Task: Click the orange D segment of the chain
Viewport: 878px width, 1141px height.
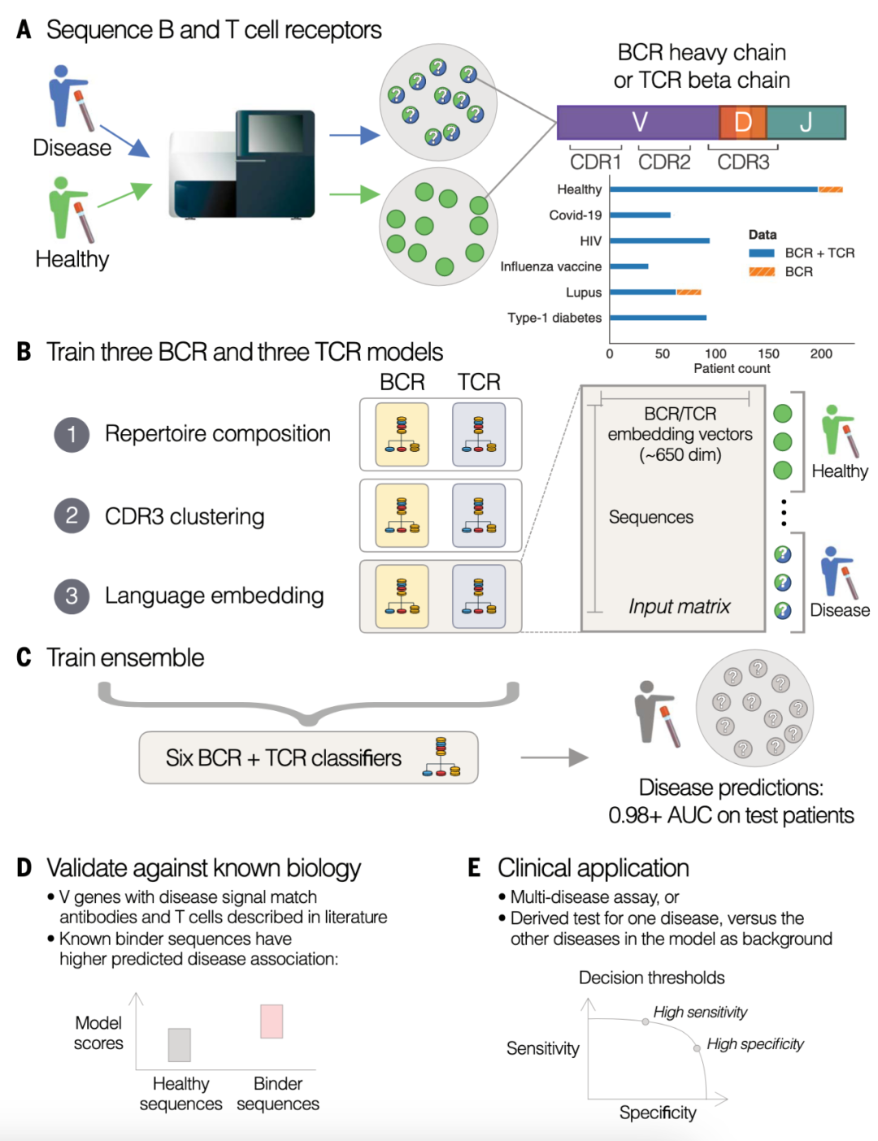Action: click(x=742, y=122)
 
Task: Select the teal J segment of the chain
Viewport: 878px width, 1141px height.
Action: click(x=806, y=122)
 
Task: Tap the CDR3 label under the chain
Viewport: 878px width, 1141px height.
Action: click(x=743, y=163)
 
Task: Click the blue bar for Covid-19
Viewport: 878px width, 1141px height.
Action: click(x=641, y=215)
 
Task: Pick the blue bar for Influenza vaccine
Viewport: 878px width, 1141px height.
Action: click(x=629, y=267)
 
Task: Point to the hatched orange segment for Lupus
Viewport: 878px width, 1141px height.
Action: click(x=689, y=293)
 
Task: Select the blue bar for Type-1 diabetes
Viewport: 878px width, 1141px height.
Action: click(x=658, y=318)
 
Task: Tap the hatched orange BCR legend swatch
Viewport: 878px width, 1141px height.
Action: click(x=762, y=271)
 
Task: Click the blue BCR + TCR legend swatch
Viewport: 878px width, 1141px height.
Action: click(x=762, y=253)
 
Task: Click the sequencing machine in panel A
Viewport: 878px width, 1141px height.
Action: click(x=241, y=165)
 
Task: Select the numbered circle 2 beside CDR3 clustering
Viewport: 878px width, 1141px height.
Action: click(x=72, y=515)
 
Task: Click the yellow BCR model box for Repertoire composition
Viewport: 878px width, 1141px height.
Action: click(x=402, y=434)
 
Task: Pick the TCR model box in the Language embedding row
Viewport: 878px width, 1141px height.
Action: click(x=479, y=597)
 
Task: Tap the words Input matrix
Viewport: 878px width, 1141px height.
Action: click(x=679, y=606)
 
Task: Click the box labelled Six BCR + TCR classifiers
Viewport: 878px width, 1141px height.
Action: click(x=308, y=757)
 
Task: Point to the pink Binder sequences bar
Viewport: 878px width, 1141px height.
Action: click(x=272, y=1022)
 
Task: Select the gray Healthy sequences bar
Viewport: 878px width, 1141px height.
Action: click(x=180, y=1045)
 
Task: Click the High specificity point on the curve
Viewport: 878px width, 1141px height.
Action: click(x=697, y=1048)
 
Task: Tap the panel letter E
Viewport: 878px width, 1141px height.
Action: click(x=475, y=868)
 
